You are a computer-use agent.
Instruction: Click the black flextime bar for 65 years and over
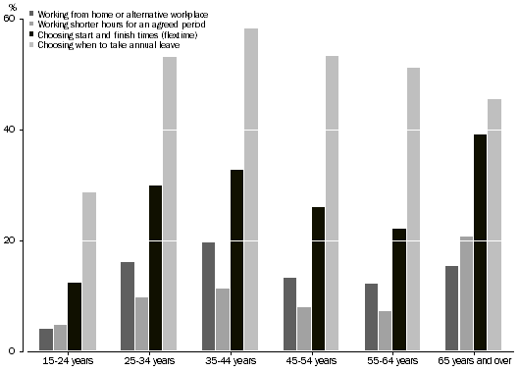(481, 242)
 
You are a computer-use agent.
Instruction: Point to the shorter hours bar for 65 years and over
(466, 293)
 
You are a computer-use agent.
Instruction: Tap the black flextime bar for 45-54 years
(318, 279)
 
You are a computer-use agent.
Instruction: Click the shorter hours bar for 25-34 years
(141, 324)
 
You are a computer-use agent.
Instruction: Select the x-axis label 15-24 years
(68, 362)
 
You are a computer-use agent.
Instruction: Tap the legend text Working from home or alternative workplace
(111, 13)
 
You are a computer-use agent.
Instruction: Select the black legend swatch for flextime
(31, 34)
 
